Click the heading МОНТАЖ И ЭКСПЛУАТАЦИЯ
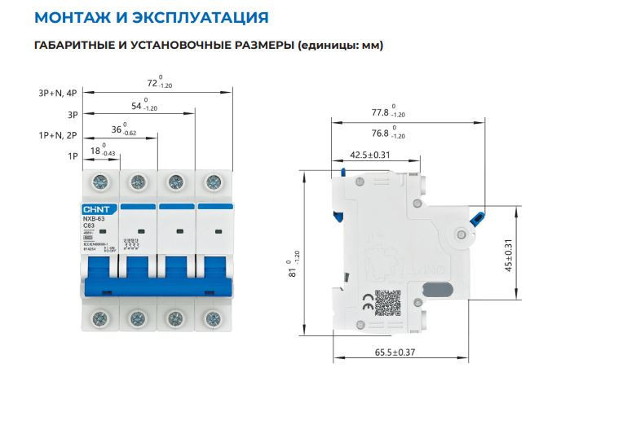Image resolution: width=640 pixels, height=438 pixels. coord(152,17)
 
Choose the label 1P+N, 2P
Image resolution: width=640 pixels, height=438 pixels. coord(57,135)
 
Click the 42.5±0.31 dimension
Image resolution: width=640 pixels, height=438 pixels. coord(370,155)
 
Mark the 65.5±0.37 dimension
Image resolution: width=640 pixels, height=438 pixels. coord(395,353)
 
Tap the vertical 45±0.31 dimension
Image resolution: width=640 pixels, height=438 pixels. coord(508,254)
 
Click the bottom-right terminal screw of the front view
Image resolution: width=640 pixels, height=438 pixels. coord(214,318)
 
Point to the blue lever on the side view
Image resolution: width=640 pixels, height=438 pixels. coord(479,217)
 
